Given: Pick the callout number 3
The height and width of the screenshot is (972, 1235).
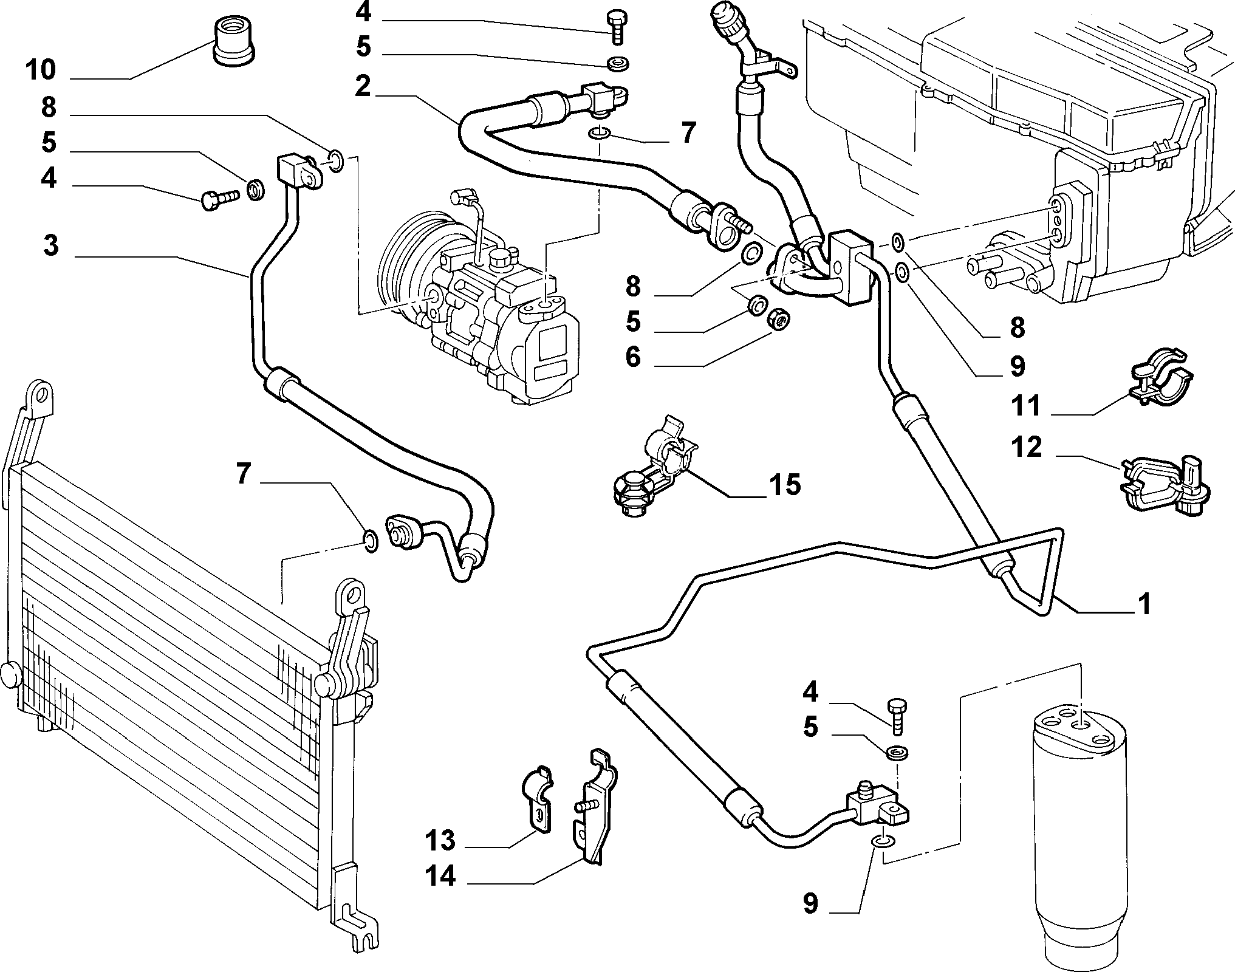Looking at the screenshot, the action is pyautogui.click(x=51, y=246).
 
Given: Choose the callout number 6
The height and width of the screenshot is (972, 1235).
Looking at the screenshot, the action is pyautogui.click(x=633, y=357).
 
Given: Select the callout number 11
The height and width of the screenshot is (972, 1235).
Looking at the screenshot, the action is pyautogui.click(x=1026, y=406).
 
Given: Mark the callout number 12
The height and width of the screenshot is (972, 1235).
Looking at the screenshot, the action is pyautogui.click(x=1027, y=448).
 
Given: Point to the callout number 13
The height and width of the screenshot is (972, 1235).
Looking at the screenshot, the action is pyautogui.click(x=440, y=841).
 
